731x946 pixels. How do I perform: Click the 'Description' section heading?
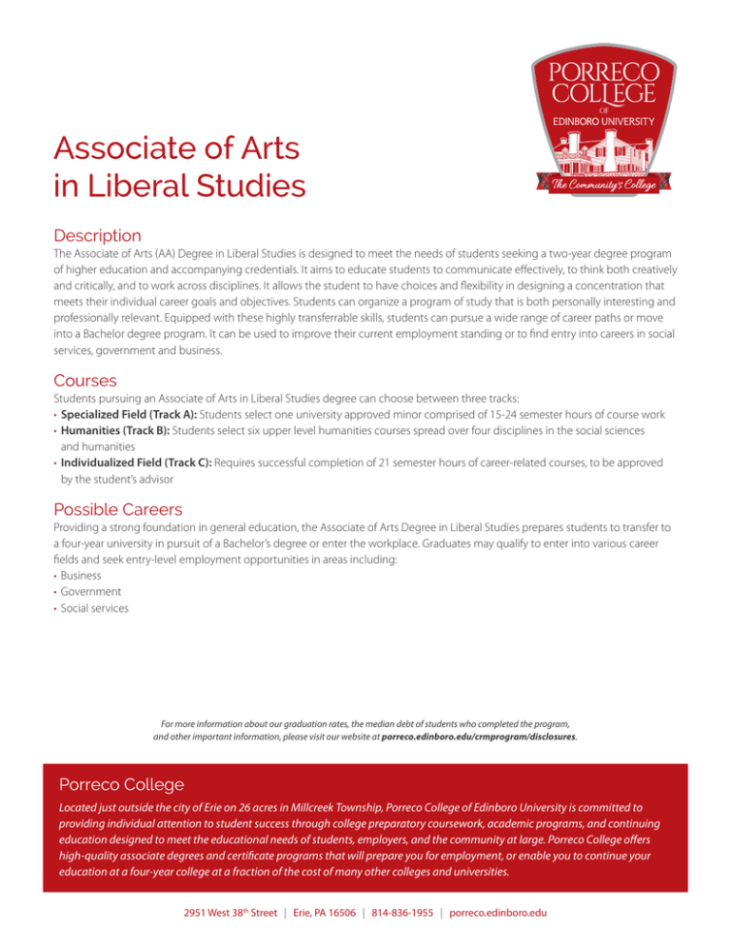(98, 234)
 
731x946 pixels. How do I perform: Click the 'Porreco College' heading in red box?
(122, 785)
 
